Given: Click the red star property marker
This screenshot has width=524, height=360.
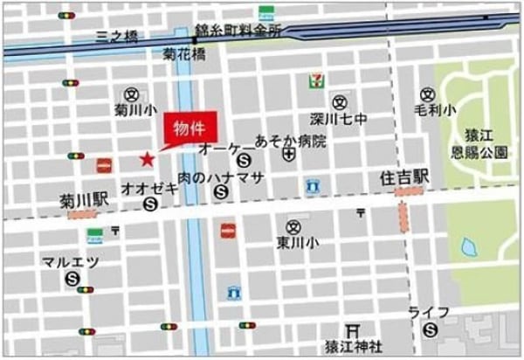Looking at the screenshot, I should click(x=147, y=159).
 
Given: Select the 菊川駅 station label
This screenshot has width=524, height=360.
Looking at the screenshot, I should click(x=85, y=200).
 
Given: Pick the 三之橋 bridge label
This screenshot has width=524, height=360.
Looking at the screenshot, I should click(x=118, y=38).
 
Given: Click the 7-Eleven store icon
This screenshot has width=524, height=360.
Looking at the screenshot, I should click(x=313, y=80).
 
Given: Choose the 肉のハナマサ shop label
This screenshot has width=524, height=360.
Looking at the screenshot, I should click(x=221, y=177).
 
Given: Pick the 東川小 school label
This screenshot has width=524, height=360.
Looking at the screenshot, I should click(x=295, y=242).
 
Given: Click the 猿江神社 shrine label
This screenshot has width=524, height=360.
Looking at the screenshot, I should click(x=354, y=346).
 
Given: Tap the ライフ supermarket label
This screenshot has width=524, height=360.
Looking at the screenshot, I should click(x=428, y=312).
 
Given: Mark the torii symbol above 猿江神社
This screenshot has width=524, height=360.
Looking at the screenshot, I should click(x=355, y=329).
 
